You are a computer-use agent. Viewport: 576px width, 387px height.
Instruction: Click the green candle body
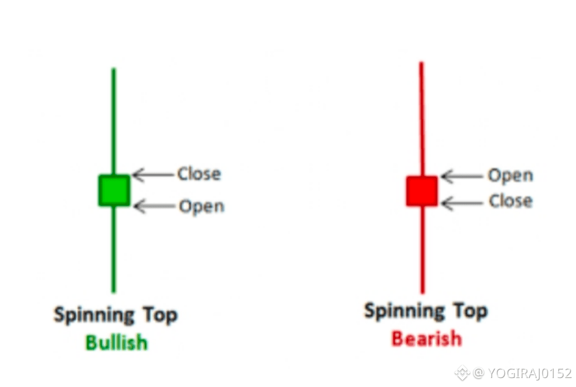coord(114,190)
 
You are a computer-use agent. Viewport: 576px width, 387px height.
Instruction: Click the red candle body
coord(421,191)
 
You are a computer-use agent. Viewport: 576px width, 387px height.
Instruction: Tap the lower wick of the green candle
coord(114,250)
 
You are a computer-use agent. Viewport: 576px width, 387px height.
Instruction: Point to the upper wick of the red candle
coord(421,117)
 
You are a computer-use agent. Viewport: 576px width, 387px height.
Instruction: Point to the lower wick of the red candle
coord(422,250)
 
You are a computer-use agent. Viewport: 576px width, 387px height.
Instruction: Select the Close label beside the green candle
coord(199,174)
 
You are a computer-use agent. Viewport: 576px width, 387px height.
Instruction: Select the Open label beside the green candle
coord(201,206)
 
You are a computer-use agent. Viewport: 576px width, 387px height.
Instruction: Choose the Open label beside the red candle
coord(510,176)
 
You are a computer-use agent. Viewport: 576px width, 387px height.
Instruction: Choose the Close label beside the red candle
coord(510,201)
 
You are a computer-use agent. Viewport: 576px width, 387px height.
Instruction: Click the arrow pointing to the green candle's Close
coord(152,175)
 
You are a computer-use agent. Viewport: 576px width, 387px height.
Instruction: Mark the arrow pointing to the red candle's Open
coord(462,177)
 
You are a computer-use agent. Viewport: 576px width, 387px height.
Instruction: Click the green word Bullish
coord(116,342)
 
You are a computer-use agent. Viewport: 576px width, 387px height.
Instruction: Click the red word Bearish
coord(426,338)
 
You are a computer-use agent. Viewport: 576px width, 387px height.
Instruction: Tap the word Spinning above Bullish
coord(94,315)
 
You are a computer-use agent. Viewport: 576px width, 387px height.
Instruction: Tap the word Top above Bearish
coord(470,310)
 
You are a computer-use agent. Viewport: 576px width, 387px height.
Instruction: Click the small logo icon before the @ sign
coord(462,373)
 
